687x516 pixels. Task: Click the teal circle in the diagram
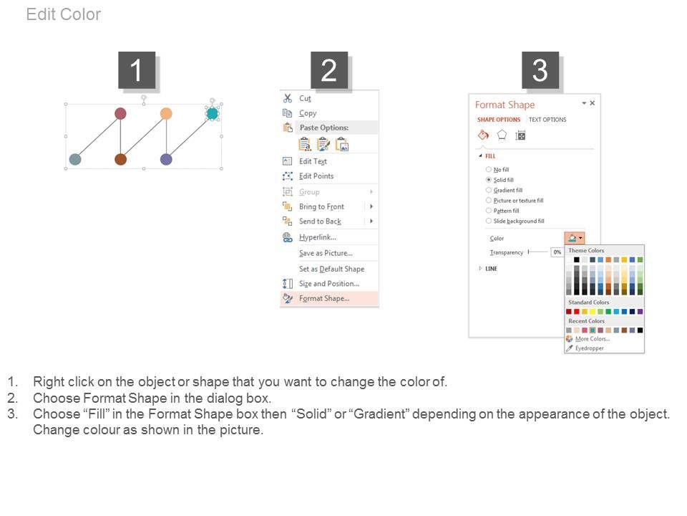click(212, 114)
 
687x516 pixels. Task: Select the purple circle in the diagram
click(166, 159)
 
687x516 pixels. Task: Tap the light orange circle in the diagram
click(166, 114)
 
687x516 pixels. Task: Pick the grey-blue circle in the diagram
click(75, 159)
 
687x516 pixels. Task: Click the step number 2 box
click(329, 70)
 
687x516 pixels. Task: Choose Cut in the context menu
click(305, 98)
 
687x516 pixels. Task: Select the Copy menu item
click(308, 113)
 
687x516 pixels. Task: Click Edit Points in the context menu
click(316, 176)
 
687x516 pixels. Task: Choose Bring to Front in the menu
click(321, 206)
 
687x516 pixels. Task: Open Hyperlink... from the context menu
click(318, 237)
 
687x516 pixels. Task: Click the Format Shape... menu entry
click(324, 298)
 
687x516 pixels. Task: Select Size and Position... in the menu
click(329, 284)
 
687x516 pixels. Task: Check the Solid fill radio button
click(489, 179)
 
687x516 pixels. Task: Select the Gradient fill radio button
click(489, 190)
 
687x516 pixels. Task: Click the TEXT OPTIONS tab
click(547, 120)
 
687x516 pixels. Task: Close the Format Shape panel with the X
click(593, 102)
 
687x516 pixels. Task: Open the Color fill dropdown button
click(575, 238)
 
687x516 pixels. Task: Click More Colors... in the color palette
click(593, 339)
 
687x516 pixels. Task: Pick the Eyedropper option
click(589, 348)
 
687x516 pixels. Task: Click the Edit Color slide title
click(64, 14)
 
